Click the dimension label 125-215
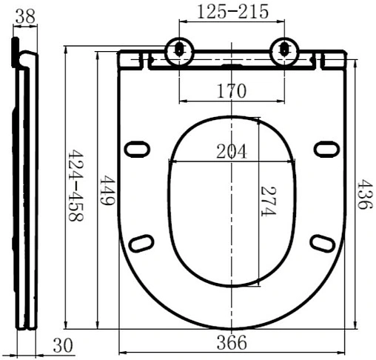[x=233, y=12]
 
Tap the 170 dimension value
[x=232, y=91]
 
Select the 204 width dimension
[x=232, y=151]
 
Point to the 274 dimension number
[x=268, y=201]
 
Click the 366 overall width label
[x=232, y=342]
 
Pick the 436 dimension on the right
[x=364, y=194]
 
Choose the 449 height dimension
[x=107, y=190]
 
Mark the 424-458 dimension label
[x=76, y=185]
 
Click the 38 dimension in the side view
[x=25, y=16]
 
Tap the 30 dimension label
[x=63, y=345]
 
